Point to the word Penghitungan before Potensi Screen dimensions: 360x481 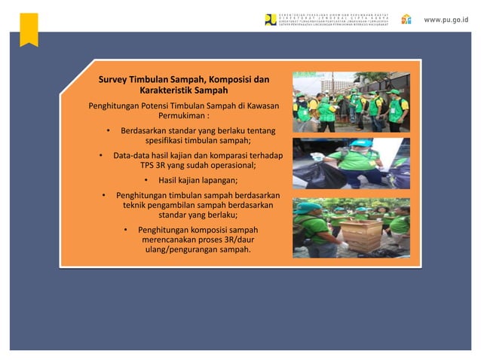pyautogui.click(x=113, y=105)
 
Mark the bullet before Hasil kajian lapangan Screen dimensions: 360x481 pyautogui.click(x=146, y=180)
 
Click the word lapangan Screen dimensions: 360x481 pyautogui.click(x=218, y=180)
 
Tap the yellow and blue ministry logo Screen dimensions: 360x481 pyautogui.click(x=271, y=20)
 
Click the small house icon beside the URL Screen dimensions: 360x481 pyautogui.click(x=406, y=19)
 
